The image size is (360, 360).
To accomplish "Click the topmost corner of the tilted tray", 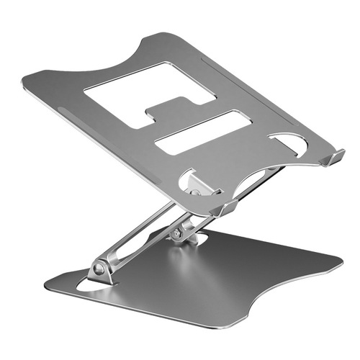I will pyautogui.click(x=166, y=33).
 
